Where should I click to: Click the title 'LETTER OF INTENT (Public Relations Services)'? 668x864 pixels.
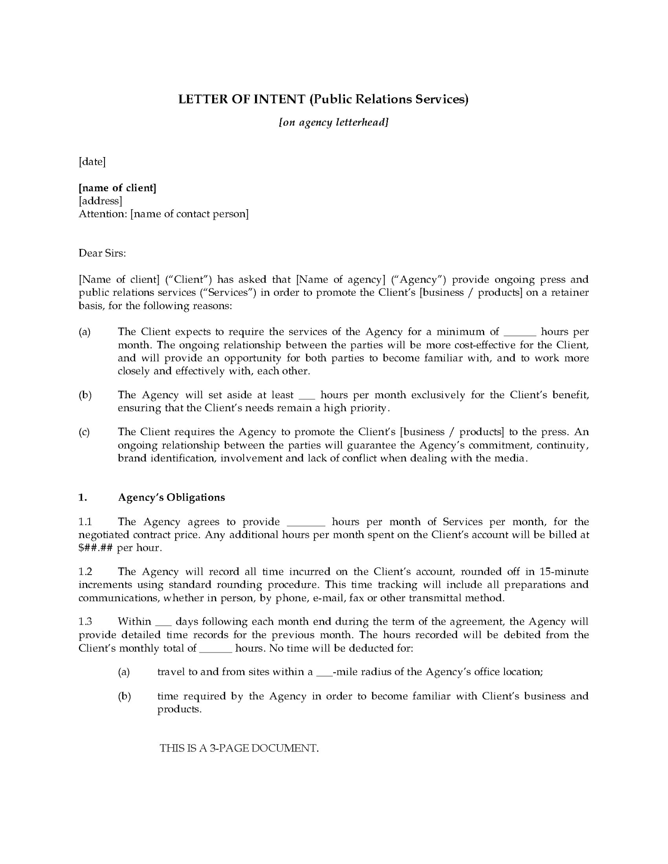(323, 99)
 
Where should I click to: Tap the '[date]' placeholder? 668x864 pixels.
(92, 162)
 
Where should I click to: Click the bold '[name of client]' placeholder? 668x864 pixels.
(118, 188)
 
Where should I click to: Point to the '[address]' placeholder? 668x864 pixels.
(100, 201)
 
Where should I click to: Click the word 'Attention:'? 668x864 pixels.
(103, 214)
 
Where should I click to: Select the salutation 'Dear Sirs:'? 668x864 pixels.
(102, 253)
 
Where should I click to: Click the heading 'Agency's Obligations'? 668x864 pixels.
(171, 497)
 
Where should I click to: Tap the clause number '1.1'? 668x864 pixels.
(85, 522)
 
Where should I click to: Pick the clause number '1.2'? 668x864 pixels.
(85, 572)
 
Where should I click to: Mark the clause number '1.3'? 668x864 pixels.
(85, 622)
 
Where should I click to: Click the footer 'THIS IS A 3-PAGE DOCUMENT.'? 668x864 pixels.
(239, 748)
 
